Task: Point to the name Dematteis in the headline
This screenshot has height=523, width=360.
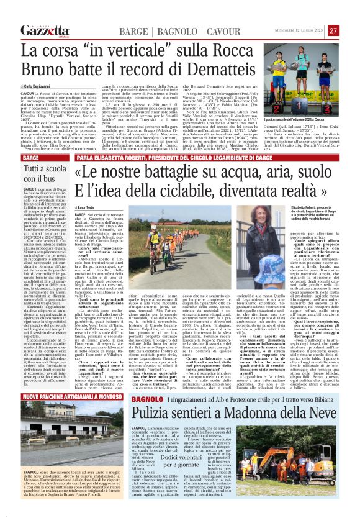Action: (232, 65)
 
